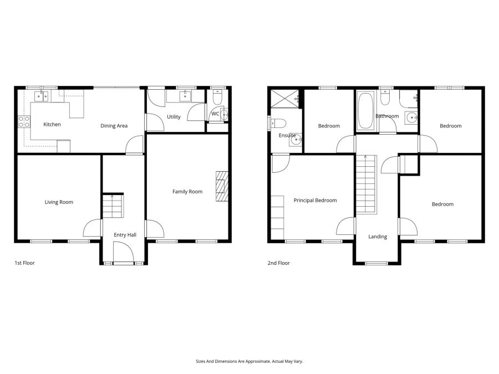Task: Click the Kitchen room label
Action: point(52,125)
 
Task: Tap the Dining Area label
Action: point(114,126)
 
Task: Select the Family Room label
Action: point(187,192)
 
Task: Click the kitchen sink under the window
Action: point(42,96)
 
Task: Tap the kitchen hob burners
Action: point(24,121)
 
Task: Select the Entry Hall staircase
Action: point(111,206)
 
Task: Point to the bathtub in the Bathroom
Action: point(366,111)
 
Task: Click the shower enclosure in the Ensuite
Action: point(284,100)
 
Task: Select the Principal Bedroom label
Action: point(315,201)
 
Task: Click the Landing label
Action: point(378,237)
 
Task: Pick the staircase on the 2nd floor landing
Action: point(365,186)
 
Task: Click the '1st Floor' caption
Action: point(24,263)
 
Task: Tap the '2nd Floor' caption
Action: point(278,263)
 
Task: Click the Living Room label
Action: point(59,202)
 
